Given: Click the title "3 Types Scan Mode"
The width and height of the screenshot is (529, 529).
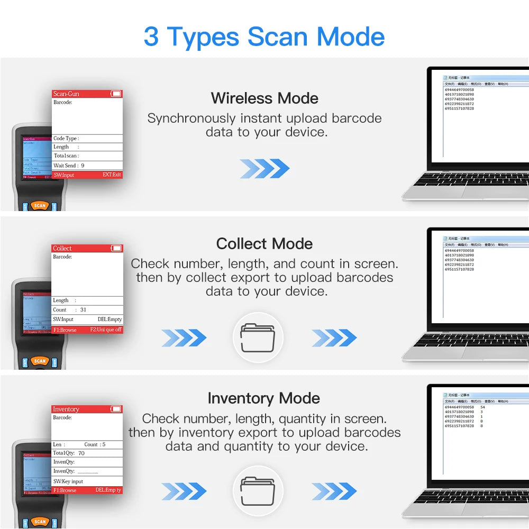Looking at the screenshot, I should [x=264, y=37].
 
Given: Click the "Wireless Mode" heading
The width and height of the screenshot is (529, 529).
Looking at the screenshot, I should [x=264, y=98].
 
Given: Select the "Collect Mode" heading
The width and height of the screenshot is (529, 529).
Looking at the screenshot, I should [x=264, y=244].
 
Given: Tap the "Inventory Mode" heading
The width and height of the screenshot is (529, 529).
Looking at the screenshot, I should [x=264, y=398].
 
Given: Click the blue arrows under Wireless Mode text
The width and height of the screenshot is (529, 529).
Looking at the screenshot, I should [x=264, y=169].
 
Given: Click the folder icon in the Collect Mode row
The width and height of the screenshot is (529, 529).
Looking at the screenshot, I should [x=258, y=338].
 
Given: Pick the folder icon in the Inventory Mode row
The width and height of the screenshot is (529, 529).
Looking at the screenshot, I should [x=258, y=491].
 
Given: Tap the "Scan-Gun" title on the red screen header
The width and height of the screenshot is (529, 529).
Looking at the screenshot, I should [x=66, y=94].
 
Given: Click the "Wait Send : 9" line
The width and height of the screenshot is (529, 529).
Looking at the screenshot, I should [x=69, y=166].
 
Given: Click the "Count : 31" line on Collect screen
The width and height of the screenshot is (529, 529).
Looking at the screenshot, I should [x=69, y=309].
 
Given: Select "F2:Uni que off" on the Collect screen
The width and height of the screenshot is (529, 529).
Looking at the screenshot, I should [x=106, y=330].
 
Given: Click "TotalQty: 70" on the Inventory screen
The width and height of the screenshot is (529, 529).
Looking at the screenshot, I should [x=69, y=453].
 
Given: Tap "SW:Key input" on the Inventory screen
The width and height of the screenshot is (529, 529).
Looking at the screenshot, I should [x=68, y=481].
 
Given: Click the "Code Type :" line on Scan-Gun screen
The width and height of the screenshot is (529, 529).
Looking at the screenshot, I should [x=66, y=139].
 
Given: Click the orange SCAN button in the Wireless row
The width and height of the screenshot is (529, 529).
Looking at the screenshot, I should [x=40, y=206].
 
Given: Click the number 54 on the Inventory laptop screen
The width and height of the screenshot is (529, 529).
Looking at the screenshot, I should [x=482, y=407].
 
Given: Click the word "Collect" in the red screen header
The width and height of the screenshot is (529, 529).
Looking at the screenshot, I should [x=62, y=249].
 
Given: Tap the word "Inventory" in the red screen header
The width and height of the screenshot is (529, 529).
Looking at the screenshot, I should [x=66, y=409].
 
